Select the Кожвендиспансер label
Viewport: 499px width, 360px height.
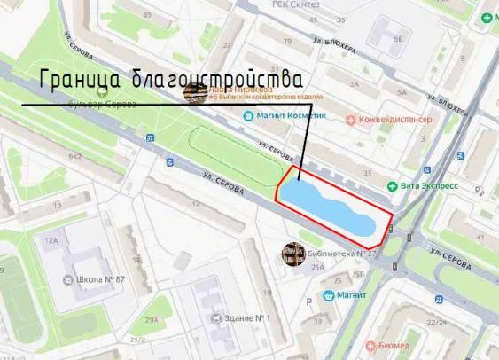coord(394,119)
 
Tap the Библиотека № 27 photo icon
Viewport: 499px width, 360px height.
coord(290,254)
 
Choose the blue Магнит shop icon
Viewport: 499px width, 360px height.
coord(329,294)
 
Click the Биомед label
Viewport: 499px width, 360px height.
coord(393,345)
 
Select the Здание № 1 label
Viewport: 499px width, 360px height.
coord(245,318)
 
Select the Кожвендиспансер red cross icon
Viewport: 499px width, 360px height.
coord(352,119)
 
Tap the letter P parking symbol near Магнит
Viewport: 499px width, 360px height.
coord(308,301)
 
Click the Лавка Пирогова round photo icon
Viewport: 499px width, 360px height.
coord(191,92)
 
